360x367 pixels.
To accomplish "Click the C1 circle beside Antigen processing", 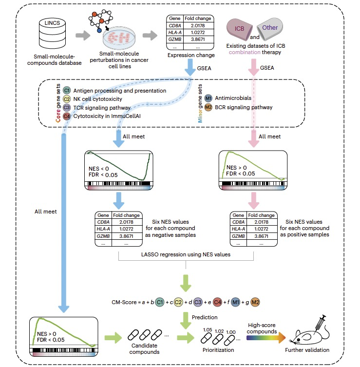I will pos(67,91).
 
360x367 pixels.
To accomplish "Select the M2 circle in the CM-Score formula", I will pos(256,303).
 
